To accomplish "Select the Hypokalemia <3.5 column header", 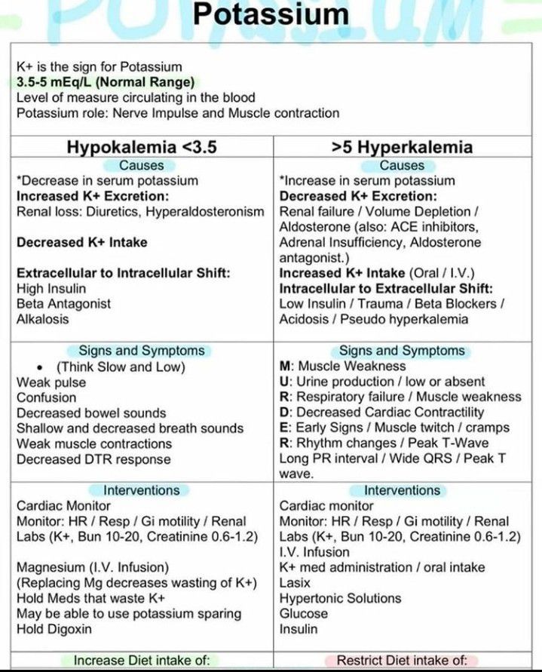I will [x=142, y=146].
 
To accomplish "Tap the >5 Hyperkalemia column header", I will [x=403, y=146].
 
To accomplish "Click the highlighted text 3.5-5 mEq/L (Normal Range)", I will [x=104, y=82].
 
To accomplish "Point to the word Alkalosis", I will [x=42, y=319].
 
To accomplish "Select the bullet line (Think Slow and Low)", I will [x=121, y=367].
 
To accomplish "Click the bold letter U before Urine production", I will [x=284, y=382].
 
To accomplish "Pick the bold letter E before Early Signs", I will [x=284, y=428].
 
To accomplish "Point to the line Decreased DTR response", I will [x=93, y=459].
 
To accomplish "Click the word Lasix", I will [x=295, y=583].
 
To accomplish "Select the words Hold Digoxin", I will [x=54, y=629].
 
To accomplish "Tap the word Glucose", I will [x=304, y=613].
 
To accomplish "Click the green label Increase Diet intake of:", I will [x=142, y=661].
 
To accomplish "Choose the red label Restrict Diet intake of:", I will [x=402, y=661].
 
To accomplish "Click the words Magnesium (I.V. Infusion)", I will [x=93, y=567].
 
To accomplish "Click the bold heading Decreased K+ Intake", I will [x=81, y=242].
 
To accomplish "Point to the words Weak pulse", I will [x=51, y=382].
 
